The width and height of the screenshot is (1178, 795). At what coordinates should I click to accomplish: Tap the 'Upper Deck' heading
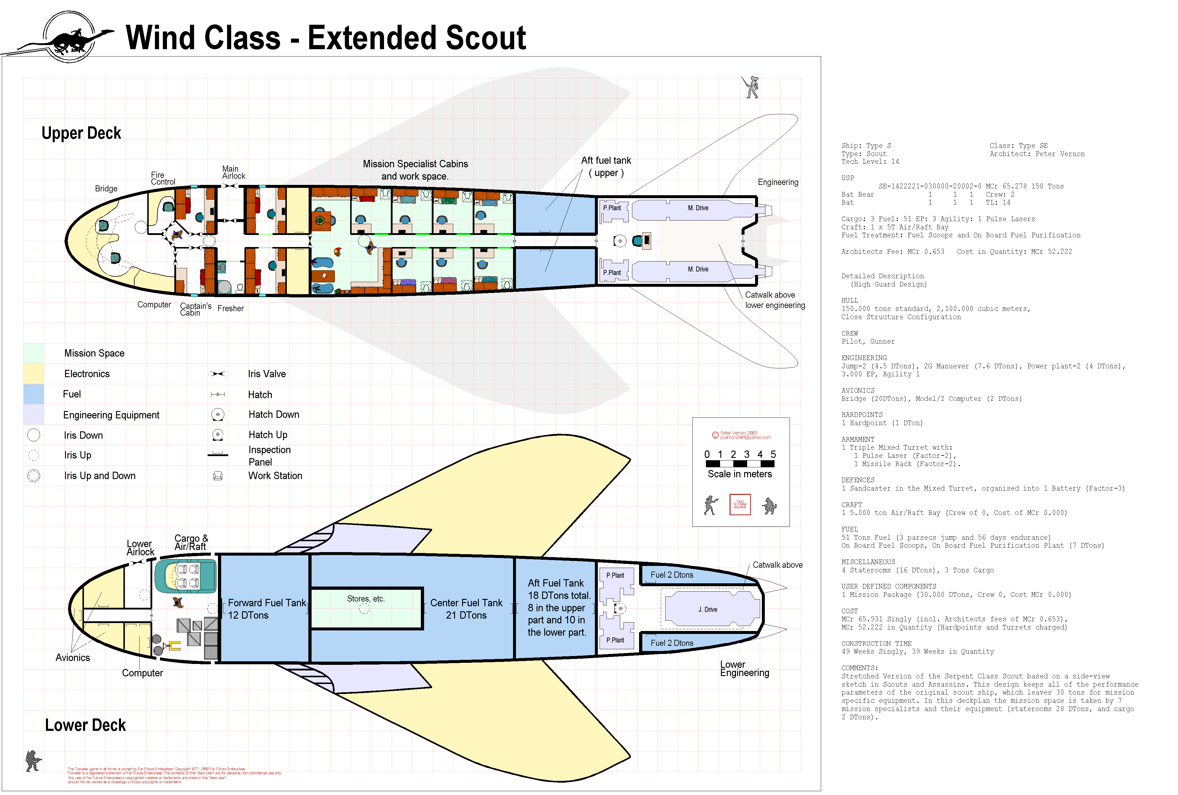point(81,133)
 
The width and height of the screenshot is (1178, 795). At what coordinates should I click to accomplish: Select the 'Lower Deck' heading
point(85,725)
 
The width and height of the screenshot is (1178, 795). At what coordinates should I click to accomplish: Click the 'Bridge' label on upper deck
point(106,188)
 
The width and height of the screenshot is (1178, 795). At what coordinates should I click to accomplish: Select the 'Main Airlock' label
point(233,172)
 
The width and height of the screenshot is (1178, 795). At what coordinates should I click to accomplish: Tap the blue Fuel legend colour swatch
point(34,394)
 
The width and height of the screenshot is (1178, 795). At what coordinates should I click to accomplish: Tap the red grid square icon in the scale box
point(739,505)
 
